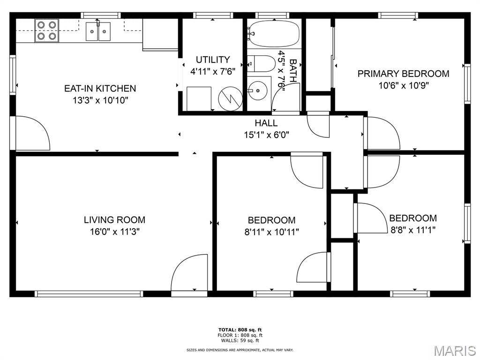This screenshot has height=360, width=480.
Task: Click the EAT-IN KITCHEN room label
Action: pos(100,89)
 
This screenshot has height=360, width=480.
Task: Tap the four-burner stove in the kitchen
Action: pos(46,30)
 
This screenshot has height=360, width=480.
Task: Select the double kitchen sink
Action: pos(98,31)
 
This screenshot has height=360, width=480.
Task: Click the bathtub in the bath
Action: pos(274,33)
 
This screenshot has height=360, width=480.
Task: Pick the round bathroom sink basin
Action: pos(257,90)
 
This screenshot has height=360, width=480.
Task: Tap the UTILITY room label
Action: pos(213,60)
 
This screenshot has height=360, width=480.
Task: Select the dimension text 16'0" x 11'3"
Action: pos(115,232)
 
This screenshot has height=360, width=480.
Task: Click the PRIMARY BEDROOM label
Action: pos(404,74)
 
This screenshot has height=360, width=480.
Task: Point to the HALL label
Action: pos(266,123)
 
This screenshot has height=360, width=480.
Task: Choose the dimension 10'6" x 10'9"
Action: pos(404,85)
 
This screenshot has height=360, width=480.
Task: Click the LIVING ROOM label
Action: pos(115,220)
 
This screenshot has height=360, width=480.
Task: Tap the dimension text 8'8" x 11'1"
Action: pos(413,230)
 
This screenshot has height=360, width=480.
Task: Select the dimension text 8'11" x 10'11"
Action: pos(271,232)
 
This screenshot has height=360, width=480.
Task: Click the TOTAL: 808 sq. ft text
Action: pos(240,330)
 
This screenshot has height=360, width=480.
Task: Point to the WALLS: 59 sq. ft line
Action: pos(240,340)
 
